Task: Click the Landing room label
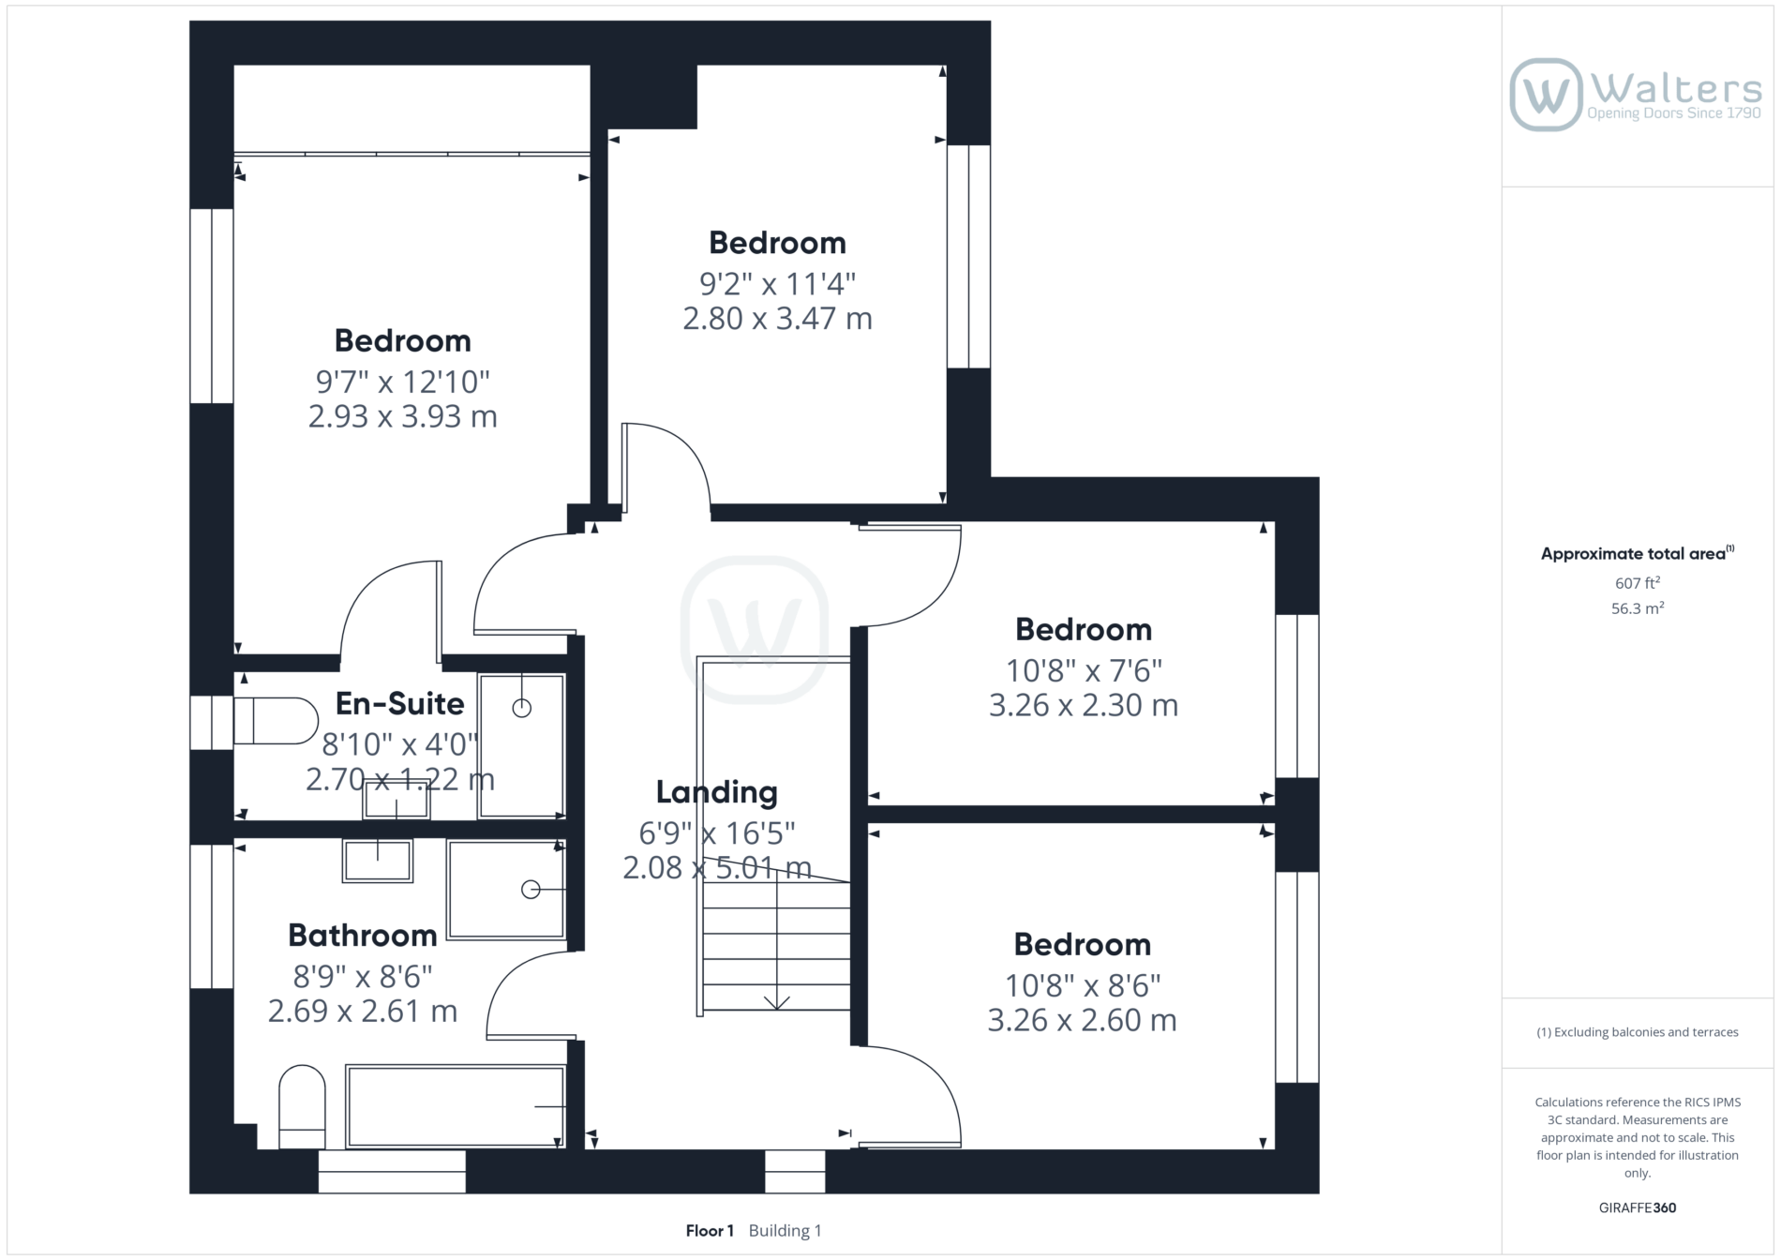tap(716, 792)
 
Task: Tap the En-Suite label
tap(400, 703)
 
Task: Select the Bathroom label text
tap(363, 935)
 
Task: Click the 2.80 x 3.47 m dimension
tap(777, 319)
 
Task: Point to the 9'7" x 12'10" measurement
tap(403, 382)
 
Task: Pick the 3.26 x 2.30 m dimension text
tap(1084, 705)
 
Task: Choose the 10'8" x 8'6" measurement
tap(1083, 985)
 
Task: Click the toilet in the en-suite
tap(276, 721)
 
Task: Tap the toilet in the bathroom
tap(302, 1106)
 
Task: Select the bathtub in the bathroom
tap(456, 1106)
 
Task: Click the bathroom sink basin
tap(378, 861)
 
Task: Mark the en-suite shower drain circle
tap(522, 709)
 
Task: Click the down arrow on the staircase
tap(776, 1002)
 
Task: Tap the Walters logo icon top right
tap(1546, 95)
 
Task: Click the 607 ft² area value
tap(1638, 583)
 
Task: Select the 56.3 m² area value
tap(1638, 608)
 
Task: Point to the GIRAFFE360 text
tap(1638, 1207)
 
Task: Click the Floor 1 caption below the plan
tap(710, 1231)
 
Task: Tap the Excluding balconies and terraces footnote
tap(1638, 1032)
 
